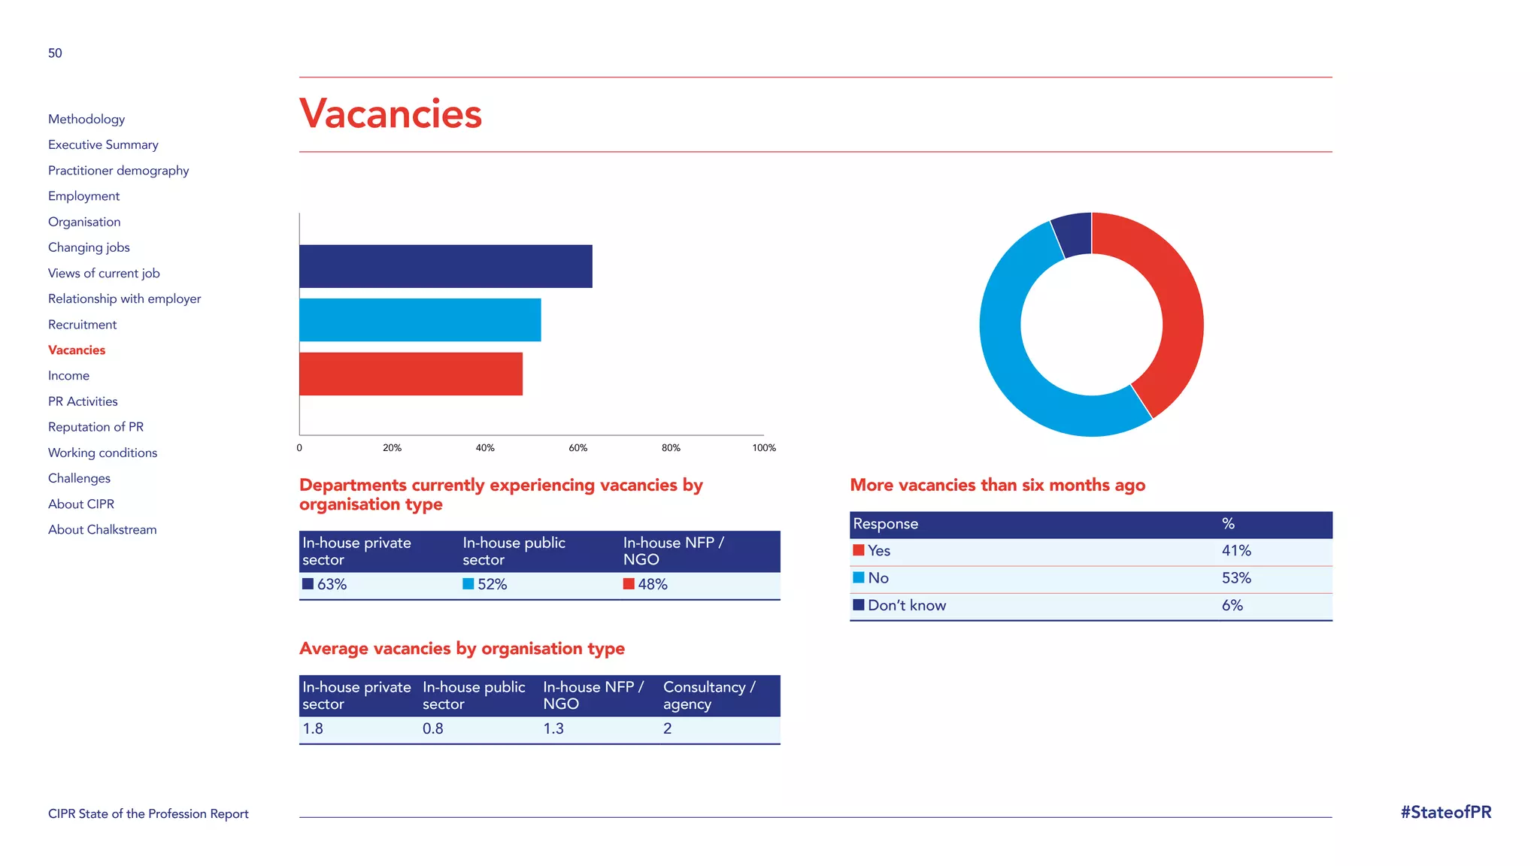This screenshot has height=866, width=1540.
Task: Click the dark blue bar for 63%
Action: pos(445,266)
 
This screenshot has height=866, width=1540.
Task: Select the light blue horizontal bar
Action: pos(420,320)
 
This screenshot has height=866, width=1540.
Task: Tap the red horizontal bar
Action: pos(411,374)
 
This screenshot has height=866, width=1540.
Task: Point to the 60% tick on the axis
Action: pos(577,447)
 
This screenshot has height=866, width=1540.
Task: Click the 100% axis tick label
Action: pos(763,447)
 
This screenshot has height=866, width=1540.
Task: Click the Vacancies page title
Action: pos(390,114)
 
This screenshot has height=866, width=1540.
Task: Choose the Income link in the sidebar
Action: pos(68,376)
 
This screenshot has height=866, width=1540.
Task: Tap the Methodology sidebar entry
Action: pos(86,119)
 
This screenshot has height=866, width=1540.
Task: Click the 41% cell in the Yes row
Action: pos(1235,551)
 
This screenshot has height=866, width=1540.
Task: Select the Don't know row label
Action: pos(906,606)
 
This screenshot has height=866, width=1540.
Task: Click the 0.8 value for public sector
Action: pos(432,728)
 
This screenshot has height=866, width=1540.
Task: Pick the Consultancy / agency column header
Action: pos(708,695)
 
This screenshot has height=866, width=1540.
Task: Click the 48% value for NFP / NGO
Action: pos(652,584)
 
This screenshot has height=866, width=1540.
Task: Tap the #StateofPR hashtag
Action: pos(1445,813)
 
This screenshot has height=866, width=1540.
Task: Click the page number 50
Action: pos(55,53)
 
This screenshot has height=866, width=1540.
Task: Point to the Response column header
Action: pos(885,524)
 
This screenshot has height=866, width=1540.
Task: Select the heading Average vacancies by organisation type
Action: pos(462,649)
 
